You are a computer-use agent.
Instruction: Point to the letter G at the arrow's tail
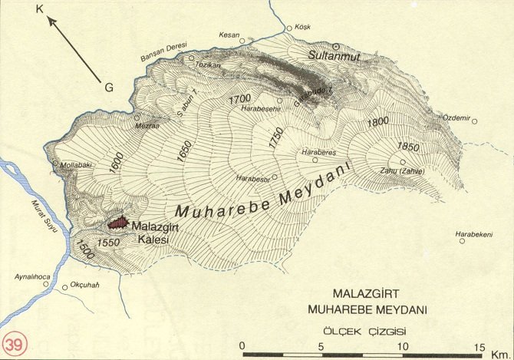click(x=109, y=88)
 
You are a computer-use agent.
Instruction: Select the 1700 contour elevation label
click(x=240, y=99)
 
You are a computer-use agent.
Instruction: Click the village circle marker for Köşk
click(x=289, y=28)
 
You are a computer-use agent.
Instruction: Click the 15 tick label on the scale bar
click(x=479, y=345)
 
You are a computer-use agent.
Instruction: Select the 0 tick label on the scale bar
click(x=242, y=345)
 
